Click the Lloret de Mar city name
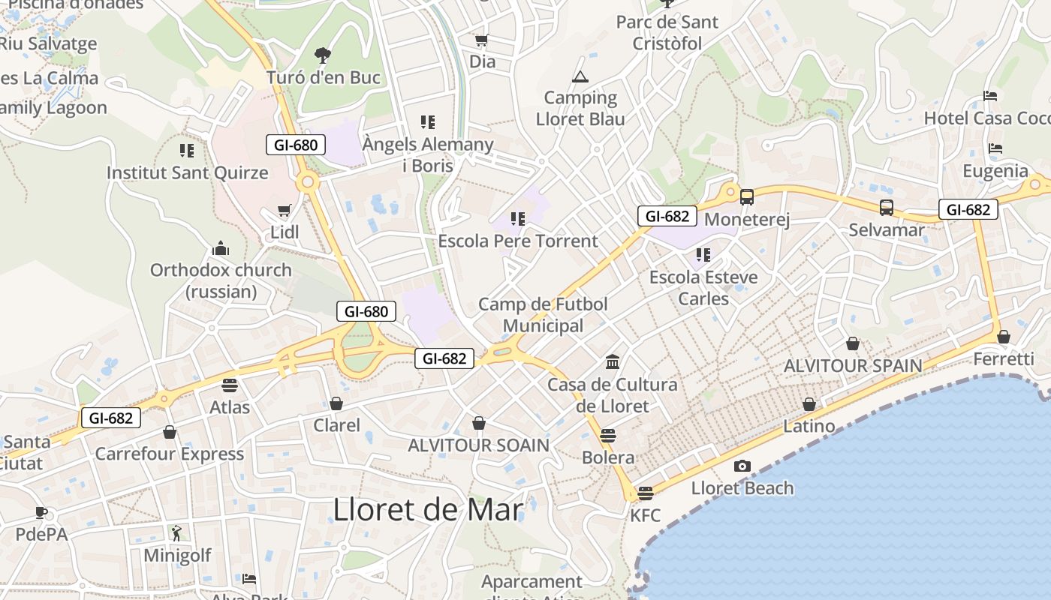pos(427,510)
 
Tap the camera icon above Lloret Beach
pos(742,466)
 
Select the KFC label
pos(645,515)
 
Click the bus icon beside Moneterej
pos(747,197)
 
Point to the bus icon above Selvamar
pos(887,208)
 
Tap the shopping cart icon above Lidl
pos(284,211)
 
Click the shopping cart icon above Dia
pos(481,40)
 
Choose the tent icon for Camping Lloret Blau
pos(580,76)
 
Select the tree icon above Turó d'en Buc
pos(323,55)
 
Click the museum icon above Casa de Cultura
pos(613,362)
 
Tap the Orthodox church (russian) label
pos(221,280)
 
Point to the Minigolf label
pos(177,556)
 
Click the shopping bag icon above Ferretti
pos(1004,337)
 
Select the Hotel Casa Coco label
pos(986,118)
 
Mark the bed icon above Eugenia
pos(995,148)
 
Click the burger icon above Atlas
pos(230,385)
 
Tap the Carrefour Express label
pos(169,454)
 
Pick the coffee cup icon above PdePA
pos(41,513)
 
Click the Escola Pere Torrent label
pos(518,241)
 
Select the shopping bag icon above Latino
pos(809,404)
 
